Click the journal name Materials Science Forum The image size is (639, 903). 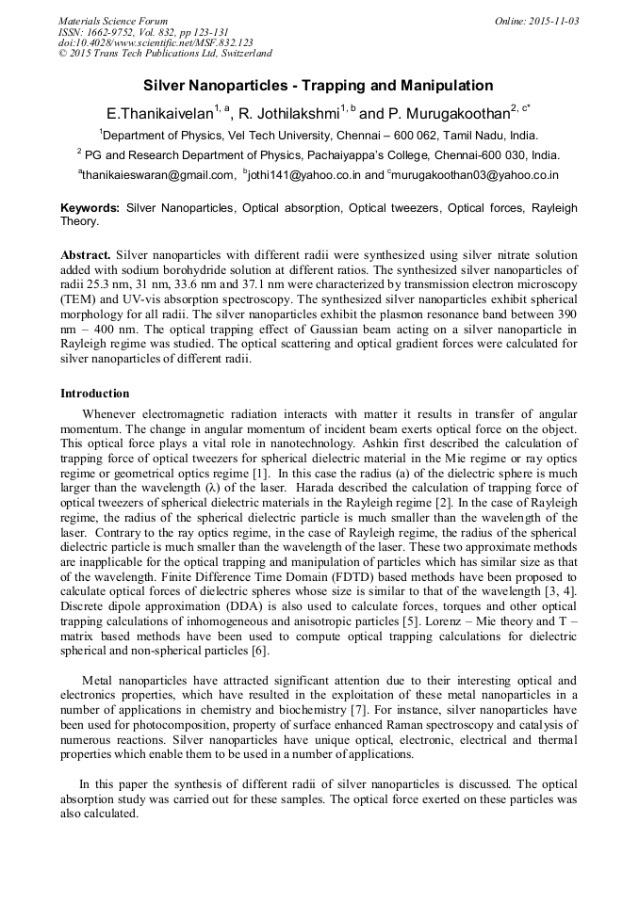[x=113, y=21]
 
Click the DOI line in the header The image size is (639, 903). [x=156, y=43]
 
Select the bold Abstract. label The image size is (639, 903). [x=87, y=256]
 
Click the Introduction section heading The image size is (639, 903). [x=95, y=394]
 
